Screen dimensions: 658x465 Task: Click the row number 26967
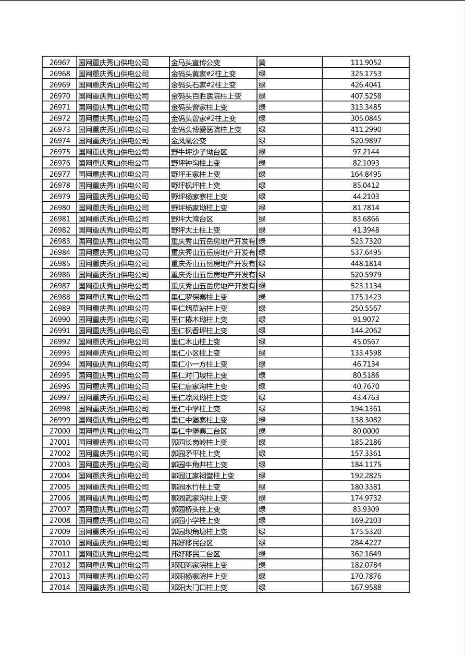(x=59, y=63)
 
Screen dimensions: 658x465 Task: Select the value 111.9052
(x=365, y=63)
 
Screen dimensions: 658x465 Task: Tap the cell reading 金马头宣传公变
(x=195, y=63)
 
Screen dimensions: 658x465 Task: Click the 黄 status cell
(x=262, y=63)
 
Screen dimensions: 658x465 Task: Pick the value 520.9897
(x=365, y=141)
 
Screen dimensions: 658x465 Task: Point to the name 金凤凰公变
(x=189, y=141)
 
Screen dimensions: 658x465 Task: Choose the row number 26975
(x=59, y=152)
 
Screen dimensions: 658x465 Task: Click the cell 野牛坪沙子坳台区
(x=199, y=152)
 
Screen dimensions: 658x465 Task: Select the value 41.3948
(x=365, y=230)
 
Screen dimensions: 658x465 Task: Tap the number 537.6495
(x=365, y=252)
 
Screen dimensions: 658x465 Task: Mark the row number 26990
(x=59, y=319)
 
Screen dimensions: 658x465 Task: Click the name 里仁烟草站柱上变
(x=199, y=308)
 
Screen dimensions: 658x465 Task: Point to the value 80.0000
(x=365, y=431)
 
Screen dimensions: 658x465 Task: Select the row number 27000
(x=59, y=431)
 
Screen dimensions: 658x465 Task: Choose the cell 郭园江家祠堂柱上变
(x=203, y=476)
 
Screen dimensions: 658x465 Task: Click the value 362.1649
(x=365, y=554)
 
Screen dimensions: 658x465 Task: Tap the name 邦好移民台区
(x=192, y=543)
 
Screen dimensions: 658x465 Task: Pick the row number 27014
(x=59, y=587)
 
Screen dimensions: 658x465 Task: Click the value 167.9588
(x=365, y=587)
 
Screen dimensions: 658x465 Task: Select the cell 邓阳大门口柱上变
(x=199, y=587)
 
